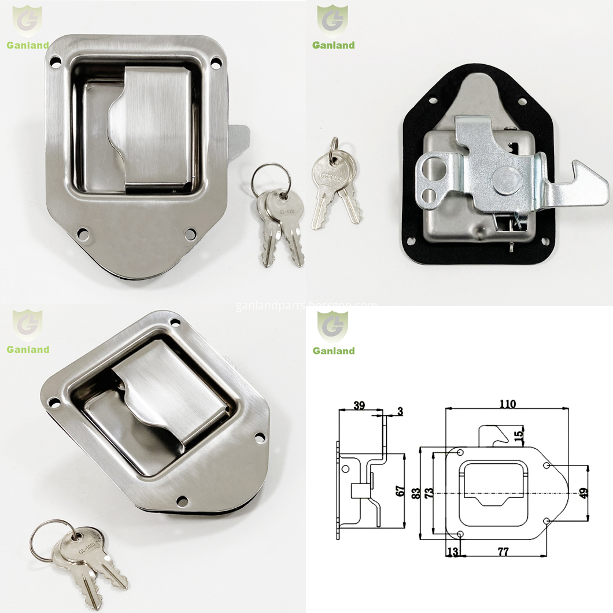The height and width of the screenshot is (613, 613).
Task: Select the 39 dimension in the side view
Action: [x=359, y=406]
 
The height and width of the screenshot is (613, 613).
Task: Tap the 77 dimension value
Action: [x=503, y=552]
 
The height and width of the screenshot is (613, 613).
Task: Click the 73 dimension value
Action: [x=430, y=493]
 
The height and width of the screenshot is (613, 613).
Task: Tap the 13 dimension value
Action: [x=452, y=552]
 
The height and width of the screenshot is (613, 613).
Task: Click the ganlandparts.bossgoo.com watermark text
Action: [x=306, y=305]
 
